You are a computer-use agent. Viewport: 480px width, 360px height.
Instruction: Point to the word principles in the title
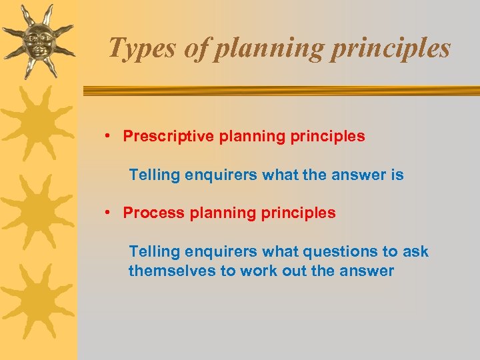[x=389, y=49]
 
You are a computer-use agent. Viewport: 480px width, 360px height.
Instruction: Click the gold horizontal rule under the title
[x=280, y=91]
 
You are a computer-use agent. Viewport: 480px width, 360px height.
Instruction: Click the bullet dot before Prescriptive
[x=107, y=137]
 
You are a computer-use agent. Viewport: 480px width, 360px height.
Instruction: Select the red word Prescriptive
[x=168, y=137]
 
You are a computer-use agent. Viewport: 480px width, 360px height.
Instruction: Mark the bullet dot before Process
[x=107, y=213]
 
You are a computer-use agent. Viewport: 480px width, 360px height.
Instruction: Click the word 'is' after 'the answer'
[x=397, y=175]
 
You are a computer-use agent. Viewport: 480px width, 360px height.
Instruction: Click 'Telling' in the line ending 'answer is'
[x=155, y=175]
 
